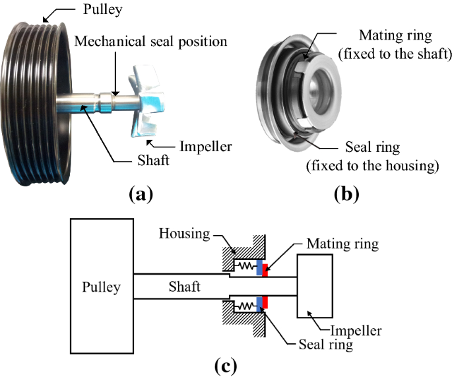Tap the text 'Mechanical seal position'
[x=151, y=42]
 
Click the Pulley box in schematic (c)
[x=101, y=287]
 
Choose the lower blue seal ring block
[x=259, y=304]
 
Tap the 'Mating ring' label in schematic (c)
[x=342, y=244]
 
